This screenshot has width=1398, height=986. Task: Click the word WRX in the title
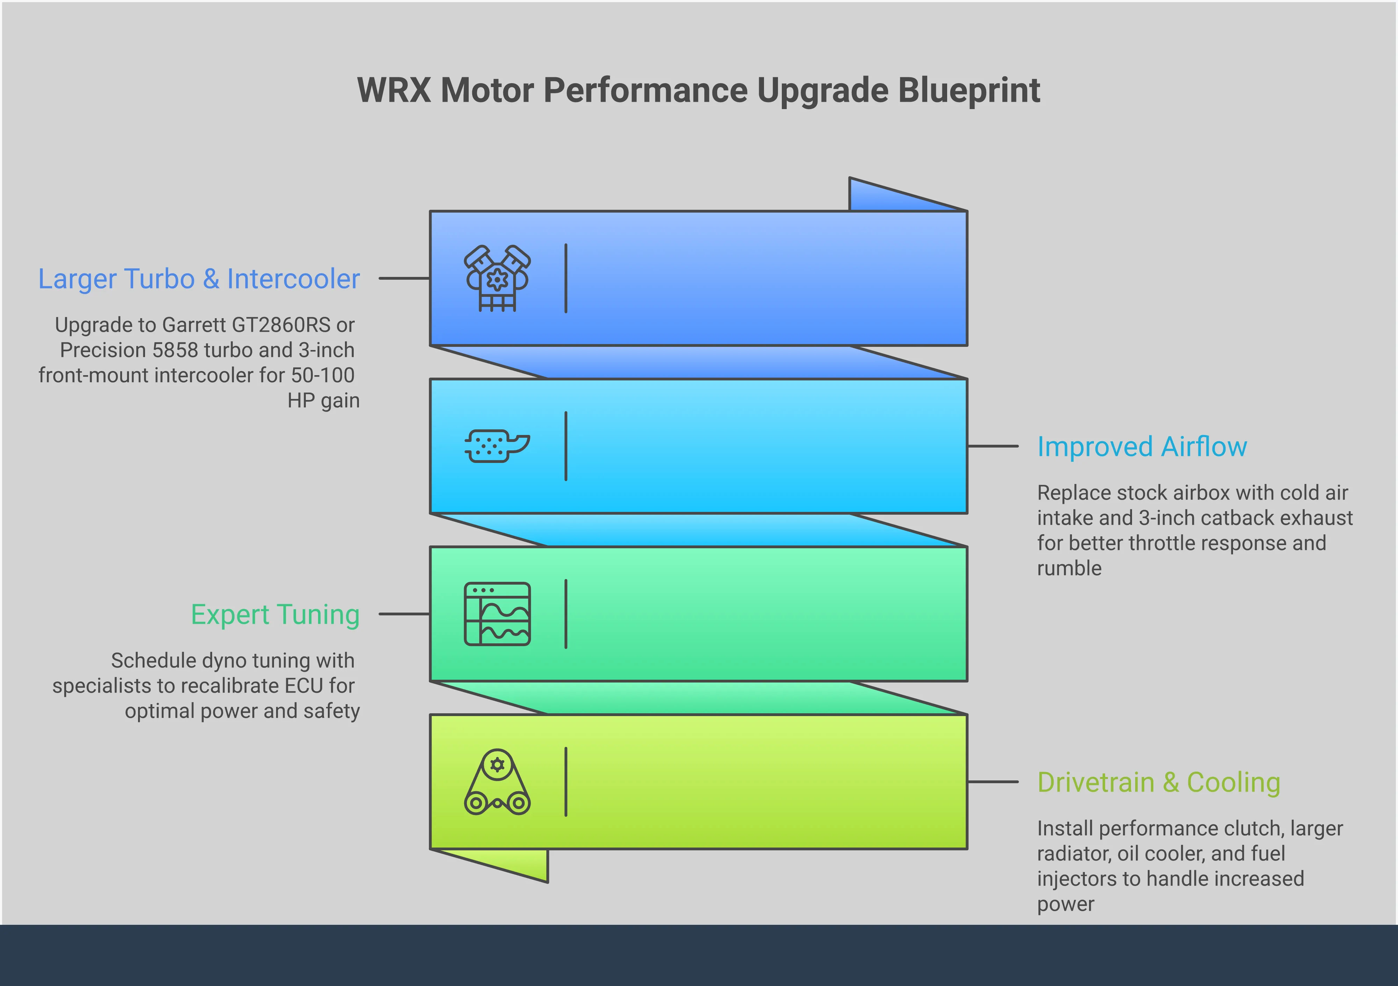[394, 91]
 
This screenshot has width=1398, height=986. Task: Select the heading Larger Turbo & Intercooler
[199, 279]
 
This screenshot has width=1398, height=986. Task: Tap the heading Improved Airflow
[1142, 446]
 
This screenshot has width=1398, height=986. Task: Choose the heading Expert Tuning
[275, 614]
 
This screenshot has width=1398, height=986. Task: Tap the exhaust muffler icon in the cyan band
[497, 446]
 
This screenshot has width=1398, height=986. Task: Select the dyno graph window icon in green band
[497, 614]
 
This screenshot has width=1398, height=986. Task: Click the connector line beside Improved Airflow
[993, 446]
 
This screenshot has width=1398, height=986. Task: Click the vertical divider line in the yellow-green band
[565, 782]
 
